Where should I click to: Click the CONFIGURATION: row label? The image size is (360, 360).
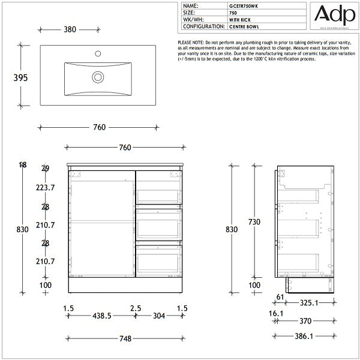(203, 27)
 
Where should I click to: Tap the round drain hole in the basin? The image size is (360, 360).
(97, 77)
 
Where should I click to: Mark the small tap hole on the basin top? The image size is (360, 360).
(97, 54)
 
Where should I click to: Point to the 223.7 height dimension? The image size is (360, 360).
(45, 188)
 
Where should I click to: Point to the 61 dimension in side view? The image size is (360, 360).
(280, 296)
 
